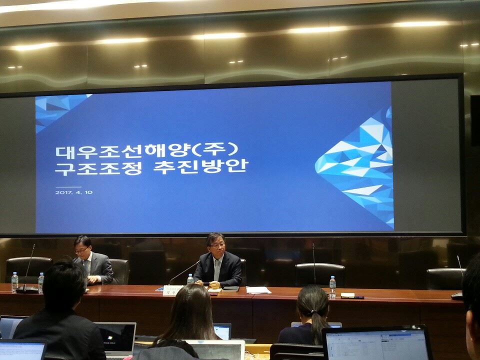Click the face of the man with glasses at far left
pos(82,247)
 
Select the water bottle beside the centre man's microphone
pos(190,280)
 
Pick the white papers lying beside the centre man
pos(258,289)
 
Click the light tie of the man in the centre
pos(216,270)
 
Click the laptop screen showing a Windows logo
pos(116,338)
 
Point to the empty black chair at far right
pos(445,278)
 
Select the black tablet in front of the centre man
pos(230,288)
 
